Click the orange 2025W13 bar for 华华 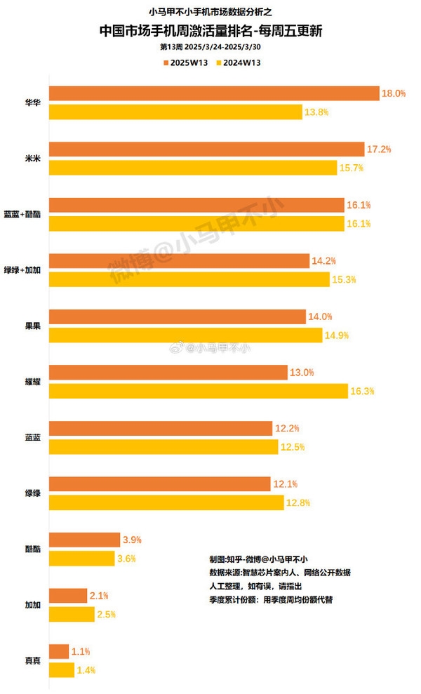214,93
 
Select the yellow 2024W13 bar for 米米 193,168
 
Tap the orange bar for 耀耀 168,372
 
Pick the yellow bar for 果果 185,335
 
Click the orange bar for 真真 59,651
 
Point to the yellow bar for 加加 72,614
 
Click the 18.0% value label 394,93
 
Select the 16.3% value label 363,391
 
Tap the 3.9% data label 133,540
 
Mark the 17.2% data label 379,149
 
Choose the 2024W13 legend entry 241,63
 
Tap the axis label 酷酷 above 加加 32,549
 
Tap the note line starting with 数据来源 279,573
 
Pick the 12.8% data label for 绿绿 298,502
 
